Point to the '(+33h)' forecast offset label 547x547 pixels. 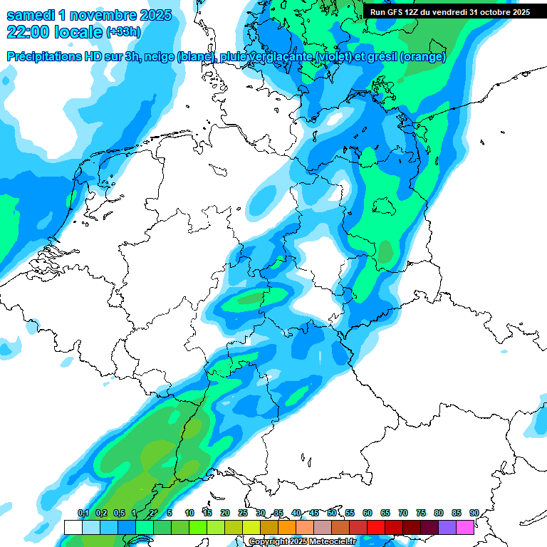124,33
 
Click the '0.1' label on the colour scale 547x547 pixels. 83,513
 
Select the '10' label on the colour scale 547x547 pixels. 189,513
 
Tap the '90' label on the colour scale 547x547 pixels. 474,513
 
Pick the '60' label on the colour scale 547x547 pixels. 368,513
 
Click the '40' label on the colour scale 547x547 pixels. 296,513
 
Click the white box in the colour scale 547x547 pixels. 73,527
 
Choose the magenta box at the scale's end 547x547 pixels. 465,527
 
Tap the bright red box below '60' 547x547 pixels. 376,527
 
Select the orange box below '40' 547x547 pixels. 287,527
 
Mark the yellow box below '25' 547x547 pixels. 251,527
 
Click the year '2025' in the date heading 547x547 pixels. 150,15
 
